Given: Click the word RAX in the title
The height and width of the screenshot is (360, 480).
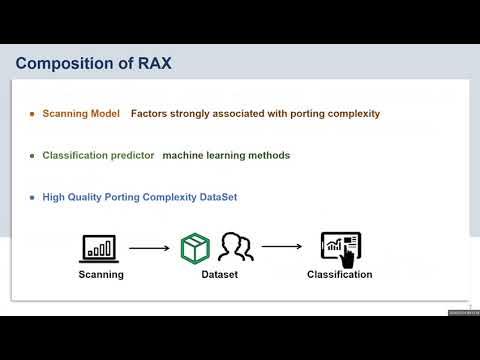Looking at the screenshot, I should point(152,65).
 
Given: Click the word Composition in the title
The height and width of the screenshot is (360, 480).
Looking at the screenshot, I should point(63,65).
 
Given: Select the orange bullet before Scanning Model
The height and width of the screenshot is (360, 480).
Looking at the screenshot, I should point(33,114).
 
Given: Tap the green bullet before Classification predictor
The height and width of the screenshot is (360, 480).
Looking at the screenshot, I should point(33,156).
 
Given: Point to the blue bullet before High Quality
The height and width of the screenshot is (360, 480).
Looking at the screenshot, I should point(33,198).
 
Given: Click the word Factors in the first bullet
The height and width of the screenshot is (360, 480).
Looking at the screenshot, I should point(151,114).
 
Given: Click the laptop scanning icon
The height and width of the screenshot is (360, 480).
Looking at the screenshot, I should point(100,246).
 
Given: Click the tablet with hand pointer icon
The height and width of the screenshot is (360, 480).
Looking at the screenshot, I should point(340,247).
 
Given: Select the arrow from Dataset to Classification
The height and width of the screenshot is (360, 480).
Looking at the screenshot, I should point(282,247).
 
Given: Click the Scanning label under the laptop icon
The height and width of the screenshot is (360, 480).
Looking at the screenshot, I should point(101,274).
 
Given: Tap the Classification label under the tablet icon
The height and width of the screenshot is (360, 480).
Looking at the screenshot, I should point(340,274).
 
